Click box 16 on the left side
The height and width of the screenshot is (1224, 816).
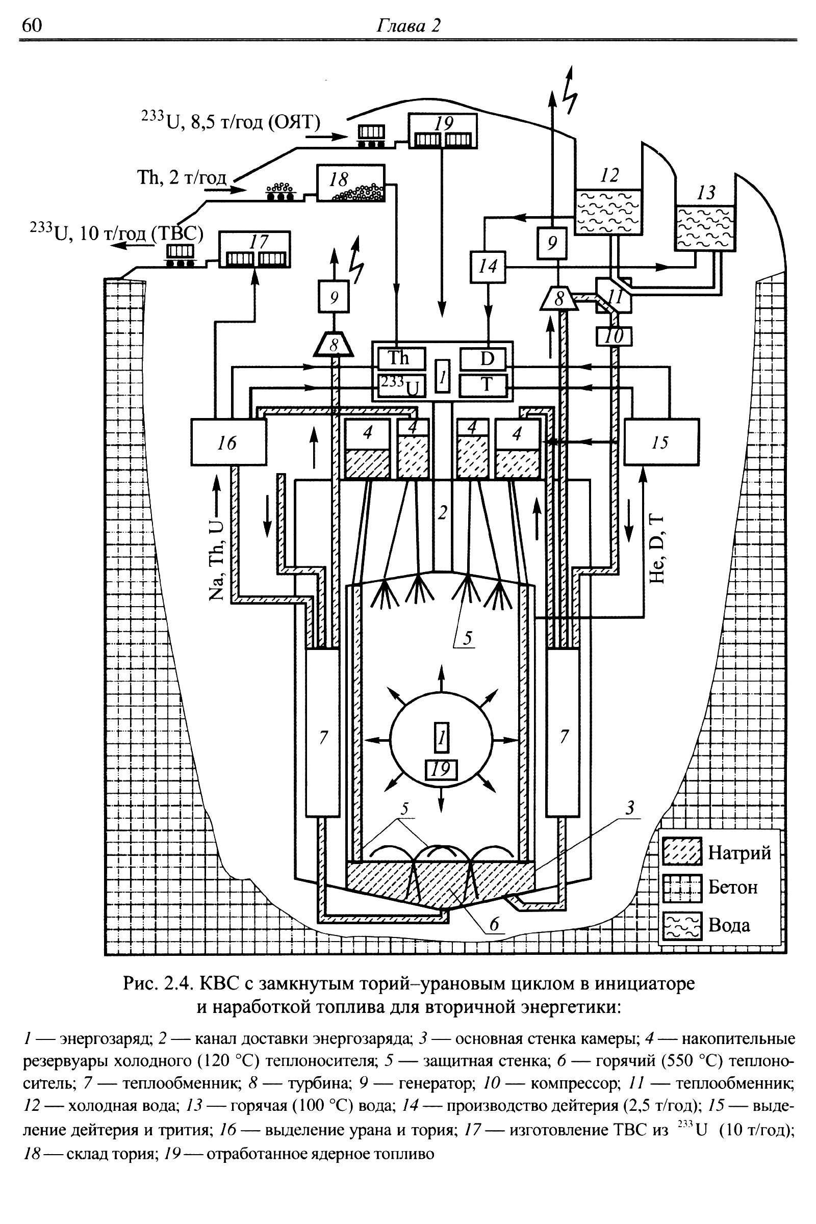228,441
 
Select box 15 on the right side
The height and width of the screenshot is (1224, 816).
661,441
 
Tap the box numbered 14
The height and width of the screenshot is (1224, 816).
488,267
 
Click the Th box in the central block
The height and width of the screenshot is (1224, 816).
401,358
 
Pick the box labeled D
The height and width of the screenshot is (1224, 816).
483,358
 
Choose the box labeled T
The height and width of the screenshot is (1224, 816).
483,385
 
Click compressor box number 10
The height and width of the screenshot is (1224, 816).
615,336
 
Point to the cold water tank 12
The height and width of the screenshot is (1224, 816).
608,212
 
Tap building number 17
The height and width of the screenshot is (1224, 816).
254,249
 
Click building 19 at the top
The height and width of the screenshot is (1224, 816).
442,132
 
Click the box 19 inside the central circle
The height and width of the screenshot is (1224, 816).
441,769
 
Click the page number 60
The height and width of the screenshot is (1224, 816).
32,25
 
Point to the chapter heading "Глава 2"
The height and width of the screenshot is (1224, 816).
408,25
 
